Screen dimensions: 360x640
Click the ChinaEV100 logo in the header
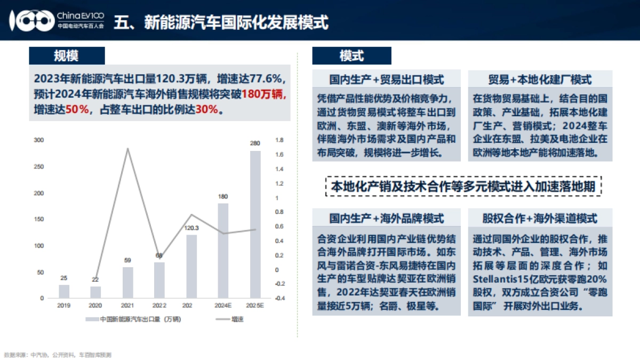click(x=59, y=20)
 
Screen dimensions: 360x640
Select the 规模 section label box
click(x=66, y=55)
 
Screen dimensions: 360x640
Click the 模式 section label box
click(x=351, y=55)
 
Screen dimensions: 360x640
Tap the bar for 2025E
click(x=255, y=224)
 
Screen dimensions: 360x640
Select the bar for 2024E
click(x=223, y=250)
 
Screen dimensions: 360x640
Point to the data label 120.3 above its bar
click(x=191, y=228)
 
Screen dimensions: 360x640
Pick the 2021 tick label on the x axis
click(x=127, y=306)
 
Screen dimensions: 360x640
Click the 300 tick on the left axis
click(x=39, y=140)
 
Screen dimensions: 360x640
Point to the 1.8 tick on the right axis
click(x=279, y=140)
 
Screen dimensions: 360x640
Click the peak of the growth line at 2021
click(x=127, y=148)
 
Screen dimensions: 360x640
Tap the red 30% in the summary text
click(x=207, y=109)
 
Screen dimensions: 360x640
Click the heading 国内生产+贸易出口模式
click(x=387, y=79)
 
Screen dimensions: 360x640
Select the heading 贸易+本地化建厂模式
click(x=540, y=79)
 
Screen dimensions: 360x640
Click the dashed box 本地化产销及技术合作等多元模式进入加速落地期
click(x=463, y=187)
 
